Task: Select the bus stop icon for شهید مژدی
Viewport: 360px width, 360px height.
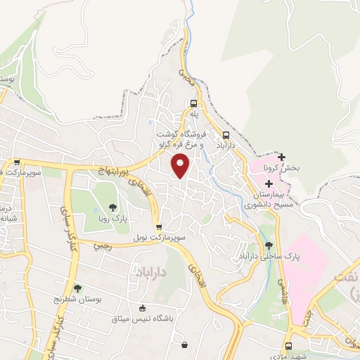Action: coord(289,346)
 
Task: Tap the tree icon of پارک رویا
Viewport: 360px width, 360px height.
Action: coord(112,207)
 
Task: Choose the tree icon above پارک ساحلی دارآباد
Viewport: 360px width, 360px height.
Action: coord(269,245)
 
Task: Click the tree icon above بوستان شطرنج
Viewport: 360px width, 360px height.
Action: coord(77,288)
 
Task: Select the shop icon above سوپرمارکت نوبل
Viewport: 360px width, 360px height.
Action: coord(159,227)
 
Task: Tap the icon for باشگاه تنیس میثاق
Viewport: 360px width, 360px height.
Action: coord(143,308)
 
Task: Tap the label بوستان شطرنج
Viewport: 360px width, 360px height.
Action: coord(78,300)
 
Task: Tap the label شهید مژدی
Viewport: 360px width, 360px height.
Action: coord(307,356)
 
